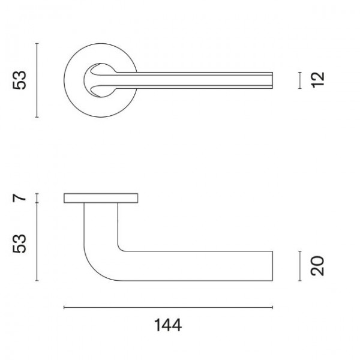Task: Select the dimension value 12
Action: [318, 80]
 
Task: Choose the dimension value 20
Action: [318, 265]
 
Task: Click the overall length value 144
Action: [168, 326]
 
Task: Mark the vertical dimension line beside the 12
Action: [299, 80]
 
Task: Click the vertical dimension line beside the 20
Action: [299, 265]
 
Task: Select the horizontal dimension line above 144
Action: [168, 308]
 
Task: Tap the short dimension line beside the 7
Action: [38, 198]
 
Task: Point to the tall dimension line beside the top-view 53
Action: [38, 80]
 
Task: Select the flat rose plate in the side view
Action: [102, 198]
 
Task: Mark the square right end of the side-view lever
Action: [273, 265]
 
